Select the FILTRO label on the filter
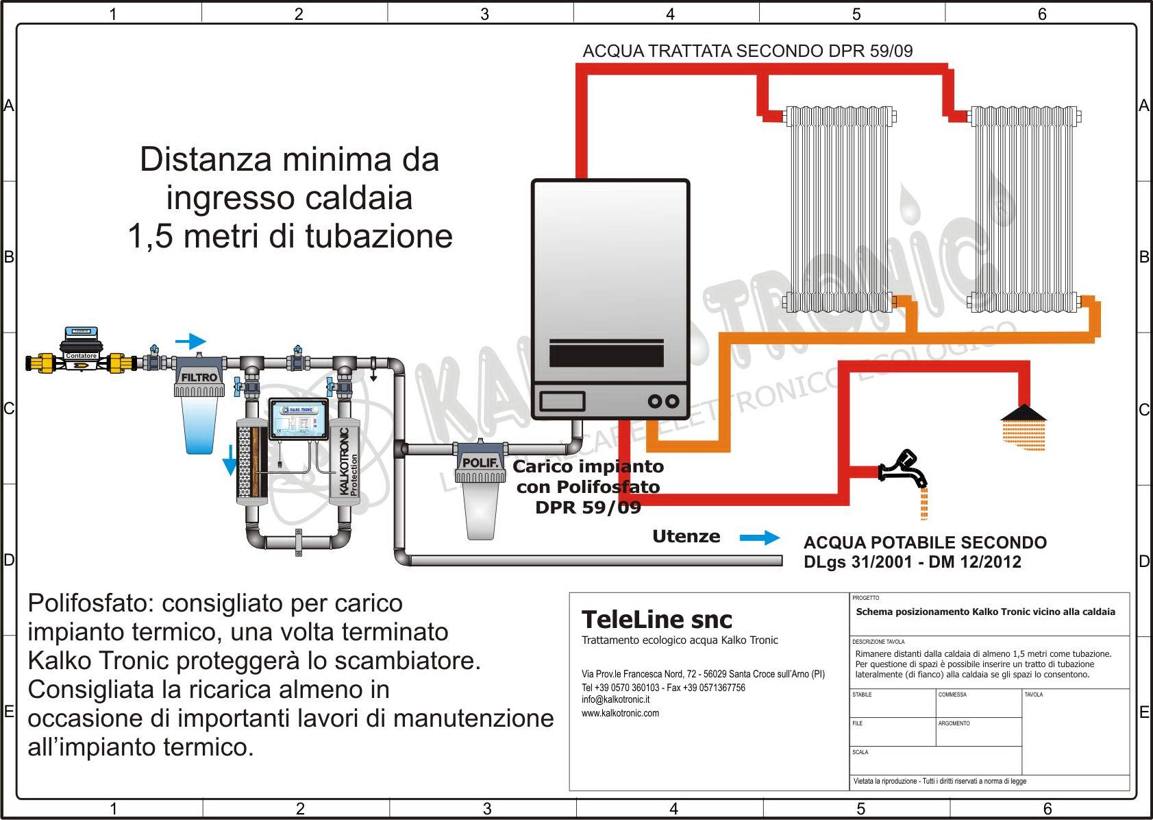[199, 378]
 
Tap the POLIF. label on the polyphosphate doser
[480, 463]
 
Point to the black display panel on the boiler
[606, 354]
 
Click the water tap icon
[903, 468]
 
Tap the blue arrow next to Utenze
[760, 538]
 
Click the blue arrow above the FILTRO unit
[190, 341]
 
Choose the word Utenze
[686, 537]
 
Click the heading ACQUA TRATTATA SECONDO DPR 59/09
[747, 51]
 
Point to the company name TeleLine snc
[656, 620]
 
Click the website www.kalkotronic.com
[620, 713]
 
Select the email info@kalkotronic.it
[615, 699]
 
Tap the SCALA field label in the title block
[860, 752]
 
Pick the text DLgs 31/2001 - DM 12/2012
[912, 562]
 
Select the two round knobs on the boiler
[663, 401]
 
